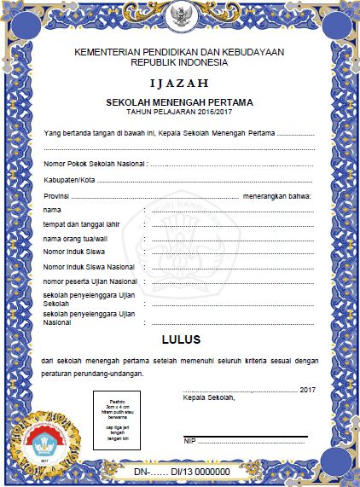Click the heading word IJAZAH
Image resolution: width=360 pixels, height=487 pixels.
coord(179,84)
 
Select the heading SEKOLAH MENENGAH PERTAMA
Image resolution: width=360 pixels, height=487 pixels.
coord(179,102)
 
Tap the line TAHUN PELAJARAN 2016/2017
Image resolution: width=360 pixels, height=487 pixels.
coord(179,112)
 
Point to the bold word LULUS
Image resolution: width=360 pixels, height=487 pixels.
coord(181,339)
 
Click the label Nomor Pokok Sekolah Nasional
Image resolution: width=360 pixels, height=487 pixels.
coord(95,163)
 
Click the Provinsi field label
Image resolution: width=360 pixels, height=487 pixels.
coord(57,197)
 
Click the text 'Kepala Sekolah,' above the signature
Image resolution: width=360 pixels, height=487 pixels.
coord(209,398)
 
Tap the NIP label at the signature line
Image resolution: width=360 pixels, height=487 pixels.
coord(189,440)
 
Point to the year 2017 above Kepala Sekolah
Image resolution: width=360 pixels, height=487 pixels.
coord(309,389)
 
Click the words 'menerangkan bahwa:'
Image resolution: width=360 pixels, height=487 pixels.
coord(277,197)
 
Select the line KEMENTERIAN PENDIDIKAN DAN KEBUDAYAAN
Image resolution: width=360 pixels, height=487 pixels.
coord(179,52)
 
